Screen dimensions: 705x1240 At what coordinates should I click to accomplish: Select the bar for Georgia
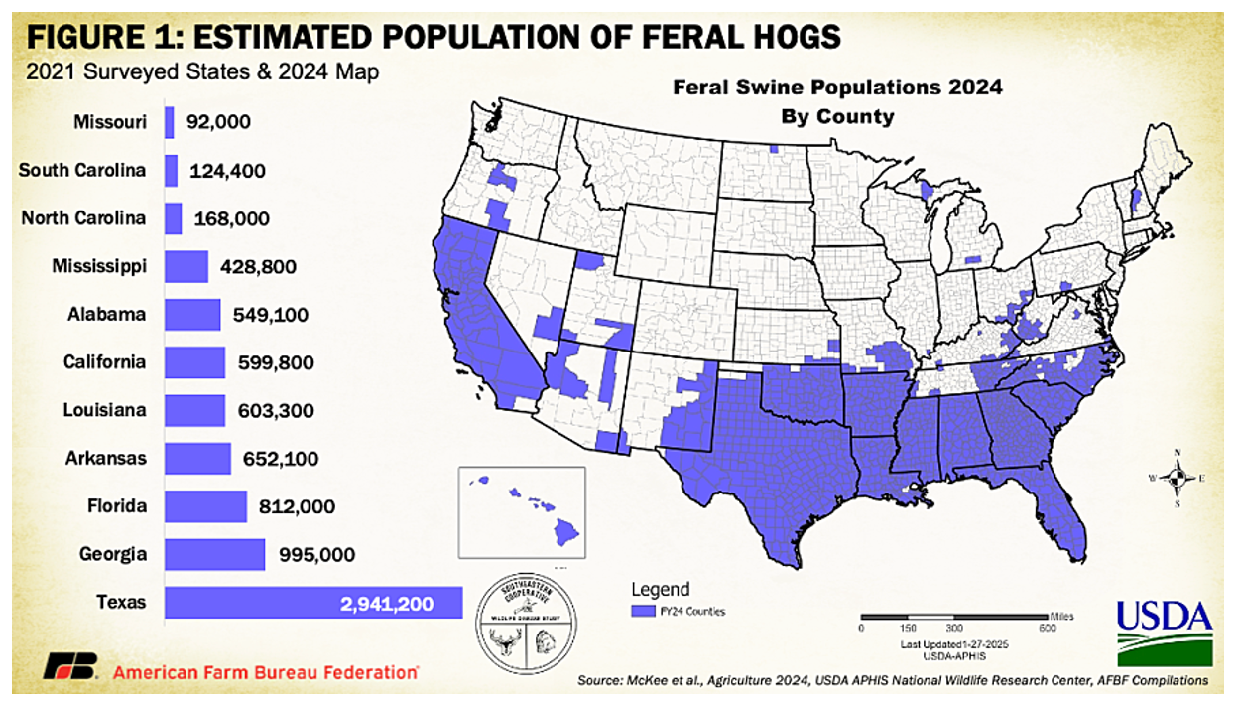[x=214, y=554]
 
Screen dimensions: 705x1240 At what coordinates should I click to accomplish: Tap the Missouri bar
[x=170, y=122]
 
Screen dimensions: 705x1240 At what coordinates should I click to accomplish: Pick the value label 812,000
[x=298, y=506]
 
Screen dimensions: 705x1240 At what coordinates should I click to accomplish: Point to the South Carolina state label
[x=82, y=170]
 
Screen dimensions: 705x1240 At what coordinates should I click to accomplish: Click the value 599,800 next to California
[x=276, y=362]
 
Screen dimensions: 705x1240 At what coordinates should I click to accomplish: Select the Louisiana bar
[x=194, y=410]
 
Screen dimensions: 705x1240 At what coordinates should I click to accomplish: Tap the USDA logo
[x=1164, y=632]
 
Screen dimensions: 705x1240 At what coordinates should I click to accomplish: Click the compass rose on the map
[x=1177, y=478]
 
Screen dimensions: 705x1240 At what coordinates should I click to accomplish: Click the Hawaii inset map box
[x=522, y=513]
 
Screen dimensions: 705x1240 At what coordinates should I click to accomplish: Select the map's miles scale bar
[x=952, y=617]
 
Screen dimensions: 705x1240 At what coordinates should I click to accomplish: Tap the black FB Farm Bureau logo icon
[x=70, y=667]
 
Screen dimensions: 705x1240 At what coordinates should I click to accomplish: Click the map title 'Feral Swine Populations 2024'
[x=838, y=87]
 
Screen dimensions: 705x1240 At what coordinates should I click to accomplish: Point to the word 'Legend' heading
[x=660, y=590]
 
